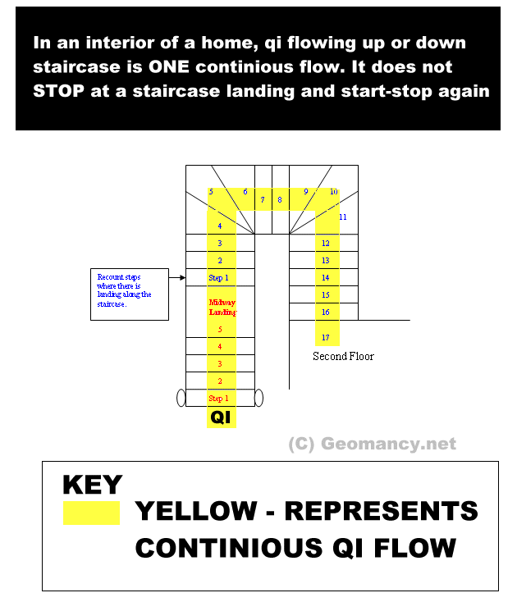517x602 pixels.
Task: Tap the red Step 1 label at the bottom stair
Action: (x=219, y=399)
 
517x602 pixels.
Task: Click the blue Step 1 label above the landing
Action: (x=219, y=278)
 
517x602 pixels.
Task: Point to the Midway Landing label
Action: (x=222, y=308)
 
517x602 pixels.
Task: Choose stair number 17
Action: (x=326, y=338)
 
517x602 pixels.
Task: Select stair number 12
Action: (x=326, y=244)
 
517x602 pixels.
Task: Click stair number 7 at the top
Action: (x=263, y=199)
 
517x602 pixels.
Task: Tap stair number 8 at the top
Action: (x=279, y=199)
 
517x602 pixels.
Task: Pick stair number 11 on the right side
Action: (x=343, y=217)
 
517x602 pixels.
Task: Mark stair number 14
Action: (x=326, y=279)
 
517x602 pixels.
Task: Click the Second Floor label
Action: (x=343, y=357)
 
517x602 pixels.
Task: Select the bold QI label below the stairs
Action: (x=220, y=417)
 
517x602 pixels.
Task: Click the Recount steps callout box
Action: (x=128, y=293)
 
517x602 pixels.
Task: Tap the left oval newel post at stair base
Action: (x=181, y=398)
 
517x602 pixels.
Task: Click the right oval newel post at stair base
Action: (x=258, y=398)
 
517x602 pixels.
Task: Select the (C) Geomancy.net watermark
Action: (x=372, y=445)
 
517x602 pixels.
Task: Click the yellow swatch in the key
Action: (x=91, y=513)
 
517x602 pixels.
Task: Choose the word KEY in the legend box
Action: (x=92, y=485)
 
